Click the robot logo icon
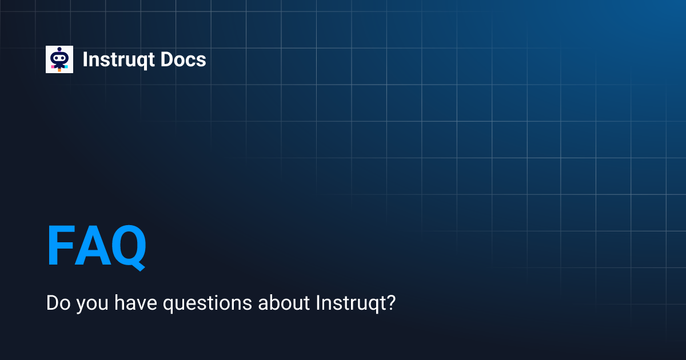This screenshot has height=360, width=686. tap(59, 59)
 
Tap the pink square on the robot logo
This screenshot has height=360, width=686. tap(53, 67)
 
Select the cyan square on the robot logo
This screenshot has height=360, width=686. tap(66, 67)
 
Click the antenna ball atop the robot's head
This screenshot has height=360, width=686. tap(59, 49)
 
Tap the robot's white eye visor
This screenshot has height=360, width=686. tap(59, 57)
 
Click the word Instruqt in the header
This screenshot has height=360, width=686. tap(118, 60)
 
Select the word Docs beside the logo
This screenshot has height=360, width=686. tap(183, 59)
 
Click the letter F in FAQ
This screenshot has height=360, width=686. tap(61, 246)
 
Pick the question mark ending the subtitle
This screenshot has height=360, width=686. tap(390, 302)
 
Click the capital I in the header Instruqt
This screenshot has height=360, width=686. tap(85, 59)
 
